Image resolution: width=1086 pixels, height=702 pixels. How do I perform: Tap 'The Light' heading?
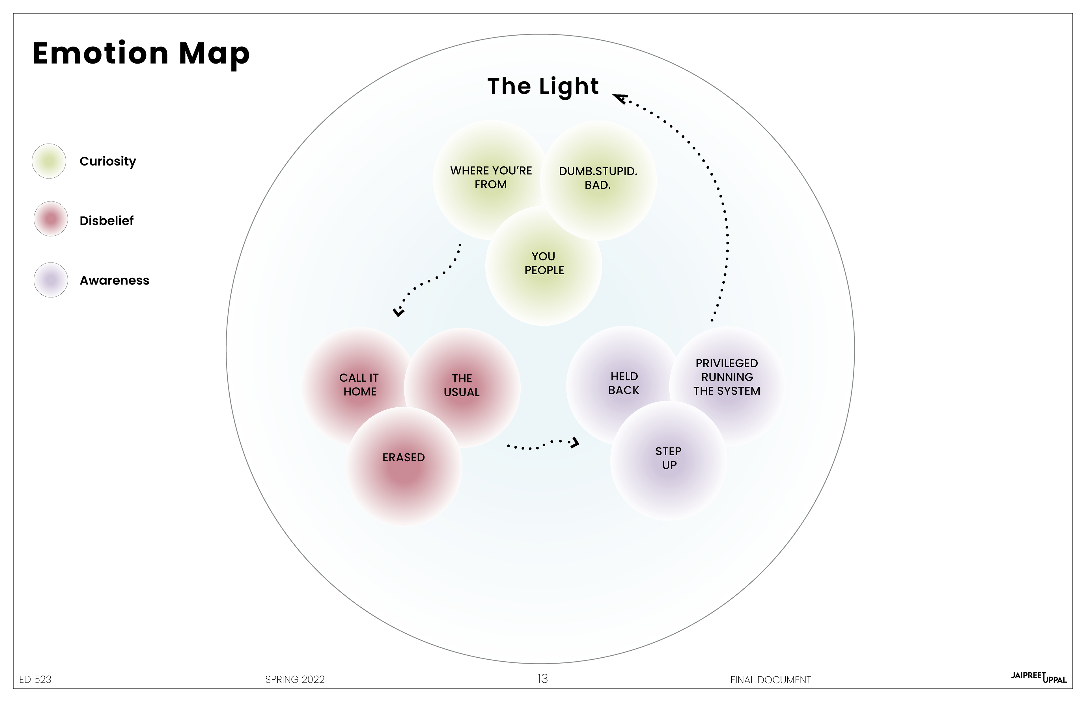pos(543,87)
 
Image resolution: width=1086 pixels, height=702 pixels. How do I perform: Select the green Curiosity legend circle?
pos(49,161)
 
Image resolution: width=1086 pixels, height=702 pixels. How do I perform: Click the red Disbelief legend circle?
pos(51,219)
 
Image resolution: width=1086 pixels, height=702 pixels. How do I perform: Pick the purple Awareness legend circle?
pos(51,280)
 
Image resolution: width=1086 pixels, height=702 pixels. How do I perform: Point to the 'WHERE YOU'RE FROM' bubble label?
pos(491,177)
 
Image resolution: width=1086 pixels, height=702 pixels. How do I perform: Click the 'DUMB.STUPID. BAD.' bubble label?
pos(598,178)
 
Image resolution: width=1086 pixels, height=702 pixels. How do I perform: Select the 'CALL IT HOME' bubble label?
pos(359,384)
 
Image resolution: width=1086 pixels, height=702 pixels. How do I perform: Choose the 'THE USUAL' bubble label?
pos(462,385)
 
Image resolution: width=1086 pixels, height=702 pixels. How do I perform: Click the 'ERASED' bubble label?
pos(403,457)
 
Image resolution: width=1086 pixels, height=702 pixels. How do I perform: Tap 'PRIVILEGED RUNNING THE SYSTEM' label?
pos(727,377)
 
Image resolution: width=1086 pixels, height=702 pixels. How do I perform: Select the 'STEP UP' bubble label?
pos(669,458)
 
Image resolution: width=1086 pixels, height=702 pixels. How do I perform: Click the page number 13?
pos(542,679)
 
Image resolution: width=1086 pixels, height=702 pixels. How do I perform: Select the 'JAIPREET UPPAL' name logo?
pos(1038,677)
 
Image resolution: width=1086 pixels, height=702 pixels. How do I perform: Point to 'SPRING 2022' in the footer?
pos(295,679)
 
